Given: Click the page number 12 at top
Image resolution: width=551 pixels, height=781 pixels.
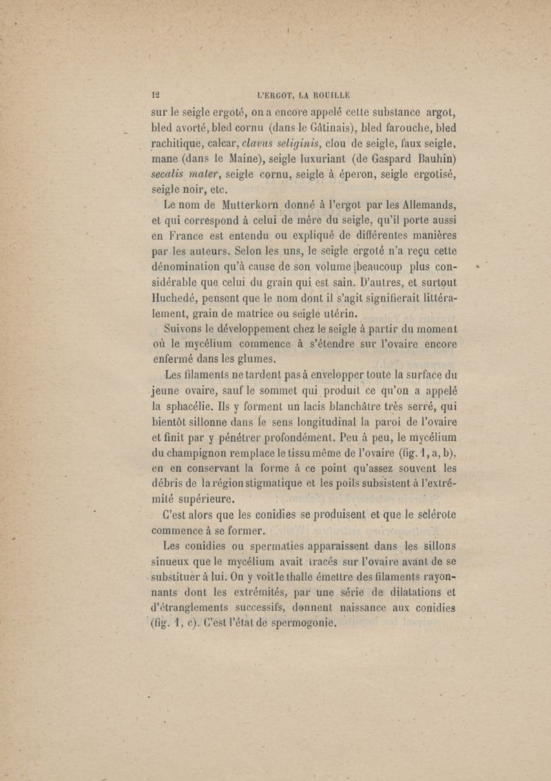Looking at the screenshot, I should click(x=156, y=96).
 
